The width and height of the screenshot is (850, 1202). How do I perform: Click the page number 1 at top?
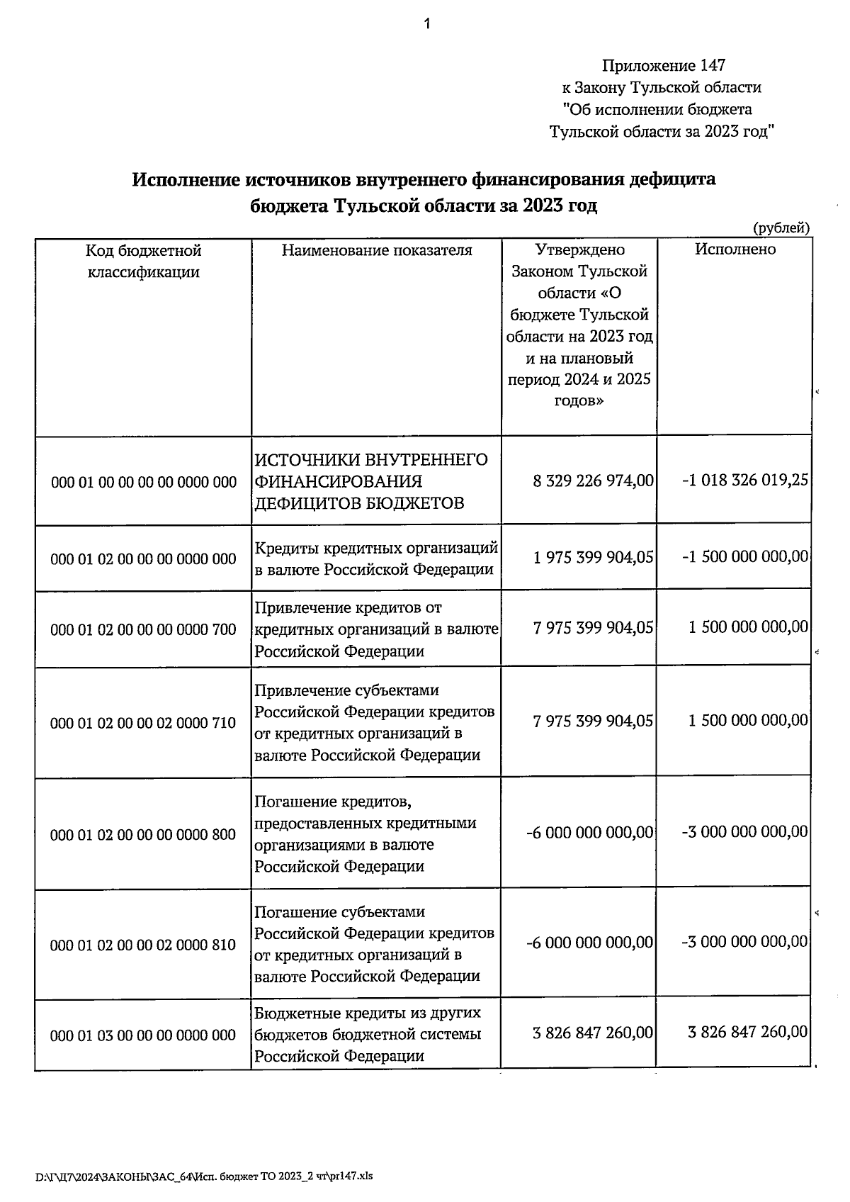click(x=426, y=26)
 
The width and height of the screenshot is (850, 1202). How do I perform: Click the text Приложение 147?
click(x=663, y=66)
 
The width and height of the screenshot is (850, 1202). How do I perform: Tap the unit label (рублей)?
click(x=781, y=228)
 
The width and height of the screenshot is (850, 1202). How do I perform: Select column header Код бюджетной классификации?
click(x=144, y=261)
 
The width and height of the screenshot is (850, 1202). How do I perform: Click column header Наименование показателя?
click(x=377, y=250)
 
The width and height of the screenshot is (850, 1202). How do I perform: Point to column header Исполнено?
click(x=735, y=249)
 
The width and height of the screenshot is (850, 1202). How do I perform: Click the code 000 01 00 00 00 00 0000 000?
click(x=144, y=483)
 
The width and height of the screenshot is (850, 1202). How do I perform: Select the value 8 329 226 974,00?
click(x=593, y=481)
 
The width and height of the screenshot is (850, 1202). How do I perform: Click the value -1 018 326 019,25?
click(x=744, y=481)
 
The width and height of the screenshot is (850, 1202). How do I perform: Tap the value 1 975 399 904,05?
click(x=593, y=557)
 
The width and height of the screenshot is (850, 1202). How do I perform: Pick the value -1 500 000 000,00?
click(x=744, y=557)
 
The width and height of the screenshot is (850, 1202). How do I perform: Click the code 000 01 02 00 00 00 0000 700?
click(x=144, y=629)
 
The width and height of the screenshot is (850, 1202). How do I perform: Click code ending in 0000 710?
click(x=144, y=723)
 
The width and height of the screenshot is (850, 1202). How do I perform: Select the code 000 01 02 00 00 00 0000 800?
click(x=144, y=835)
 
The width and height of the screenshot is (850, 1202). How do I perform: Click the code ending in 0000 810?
click(x=144, y=945)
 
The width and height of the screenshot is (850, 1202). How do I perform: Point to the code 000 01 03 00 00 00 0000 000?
click(x=144, y=1035)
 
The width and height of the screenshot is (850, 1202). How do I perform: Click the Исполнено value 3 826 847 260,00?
click(x=747, y=1032)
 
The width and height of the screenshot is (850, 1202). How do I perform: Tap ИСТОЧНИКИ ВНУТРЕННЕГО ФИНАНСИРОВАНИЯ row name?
click(x=371, y=482)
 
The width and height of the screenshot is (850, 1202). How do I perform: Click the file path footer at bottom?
click(x=204, y=1176)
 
